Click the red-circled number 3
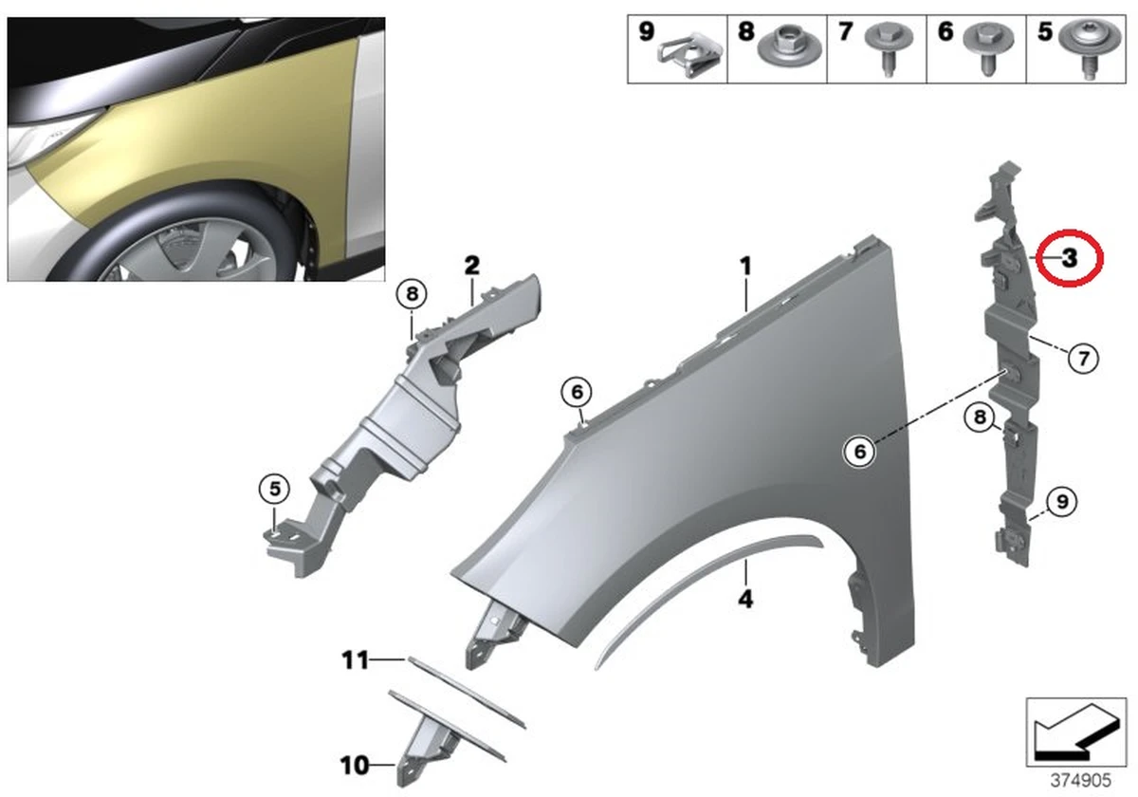(x=1069, y=257)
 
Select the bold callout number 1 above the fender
(x=746, y=266)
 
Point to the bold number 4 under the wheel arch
(x=746, y=600)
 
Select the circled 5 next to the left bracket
(x=273, y=489)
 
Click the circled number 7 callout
(x=1083, y=358)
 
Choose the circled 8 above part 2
(x=412, y=295)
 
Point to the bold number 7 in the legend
(x=846, y=32)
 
